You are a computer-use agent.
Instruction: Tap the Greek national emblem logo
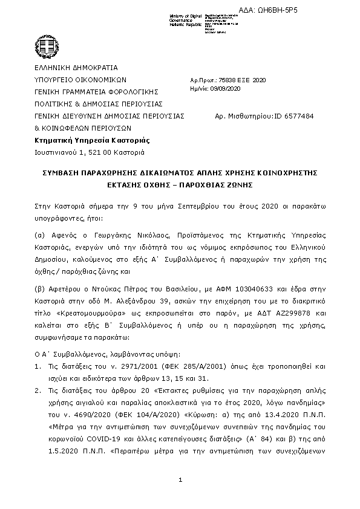47,44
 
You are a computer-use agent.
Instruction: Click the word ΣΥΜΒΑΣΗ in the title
62,172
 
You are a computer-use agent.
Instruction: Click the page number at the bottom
180,479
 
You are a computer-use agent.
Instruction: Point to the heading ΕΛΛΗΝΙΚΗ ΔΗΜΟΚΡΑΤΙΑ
76,68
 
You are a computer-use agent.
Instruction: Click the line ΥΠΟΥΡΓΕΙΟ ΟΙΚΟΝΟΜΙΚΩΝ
79,79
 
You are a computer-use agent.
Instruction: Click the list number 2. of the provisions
37,387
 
